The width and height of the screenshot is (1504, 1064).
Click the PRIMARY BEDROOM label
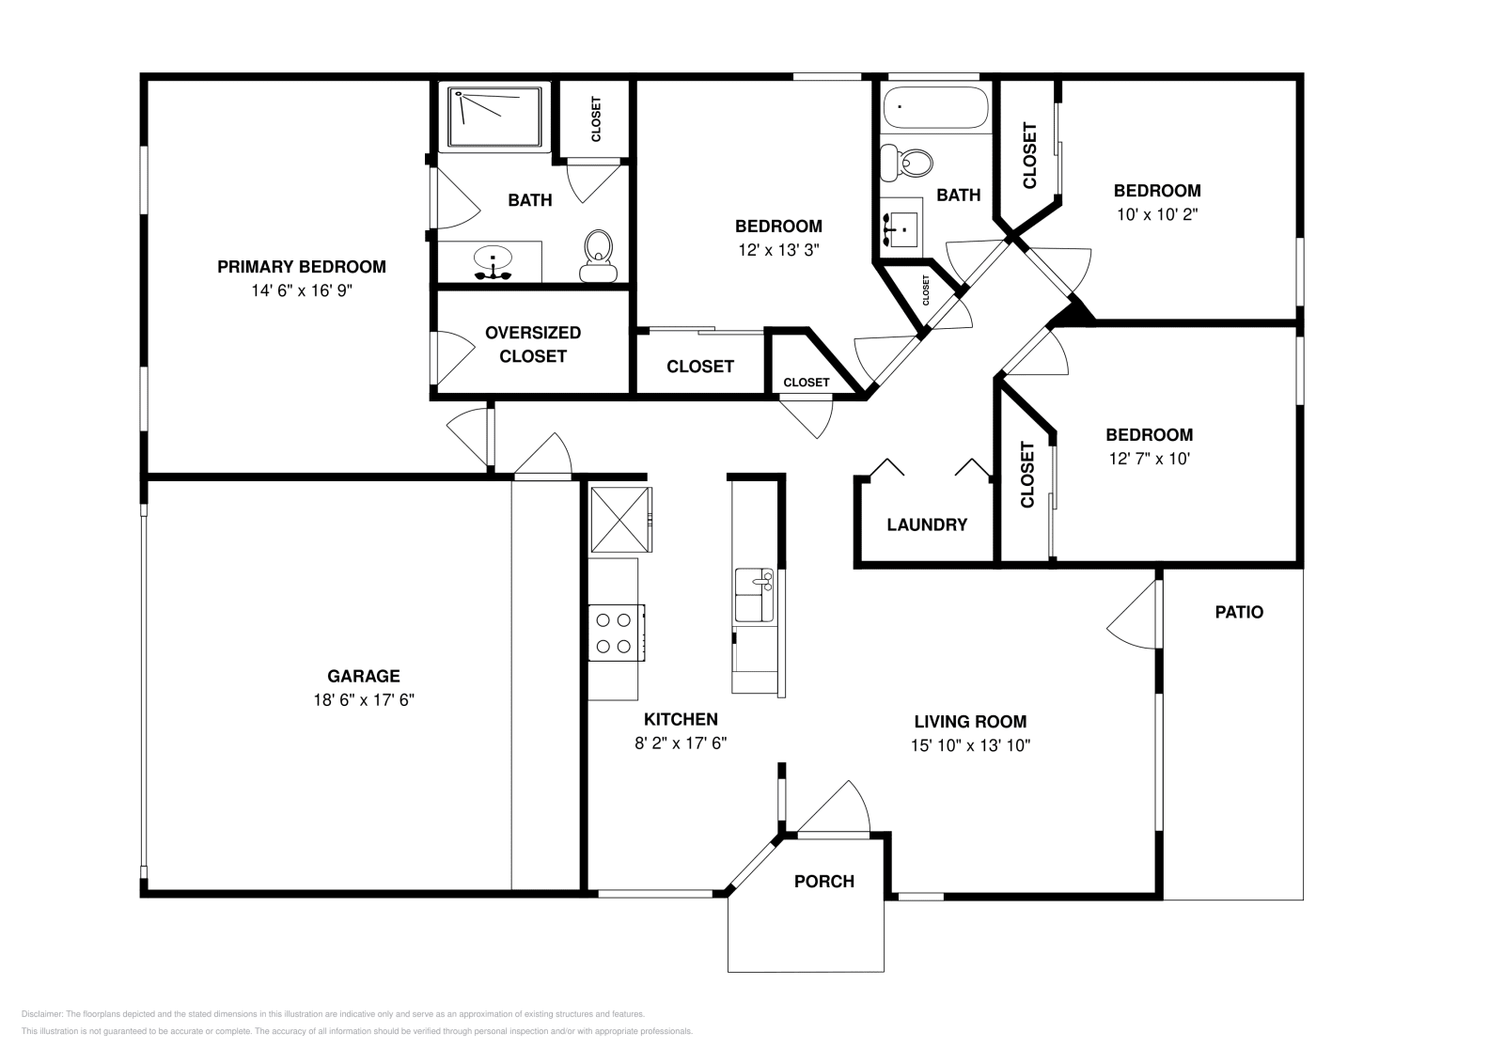(x=302, y=267)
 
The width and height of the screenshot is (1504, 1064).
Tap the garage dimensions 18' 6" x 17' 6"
(x=363, y=699)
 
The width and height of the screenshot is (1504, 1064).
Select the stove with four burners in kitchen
(x=617, y=633)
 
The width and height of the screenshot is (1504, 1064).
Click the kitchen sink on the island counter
(x=754, y=595)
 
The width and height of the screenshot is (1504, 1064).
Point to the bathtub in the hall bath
(x=936, y=107)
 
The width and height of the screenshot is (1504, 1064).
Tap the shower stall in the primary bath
(x=494, y=117)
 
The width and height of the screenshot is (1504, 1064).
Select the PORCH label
(x=823, y=881)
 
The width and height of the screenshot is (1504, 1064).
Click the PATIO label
(x=1239, y=612)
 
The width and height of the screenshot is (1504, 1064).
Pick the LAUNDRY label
(x=927, y=524)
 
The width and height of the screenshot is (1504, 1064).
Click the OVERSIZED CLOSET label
(x=532, y=344)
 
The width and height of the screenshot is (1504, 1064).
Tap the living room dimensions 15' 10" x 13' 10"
(x=970, y=745)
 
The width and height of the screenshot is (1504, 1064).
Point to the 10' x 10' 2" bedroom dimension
(x=1157, y=214)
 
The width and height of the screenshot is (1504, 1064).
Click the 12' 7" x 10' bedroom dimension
(x=1149, y=459)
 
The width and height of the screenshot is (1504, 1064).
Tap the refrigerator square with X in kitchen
(x=620, y=520)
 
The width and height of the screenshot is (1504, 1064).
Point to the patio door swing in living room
(x=1132, y=614)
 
